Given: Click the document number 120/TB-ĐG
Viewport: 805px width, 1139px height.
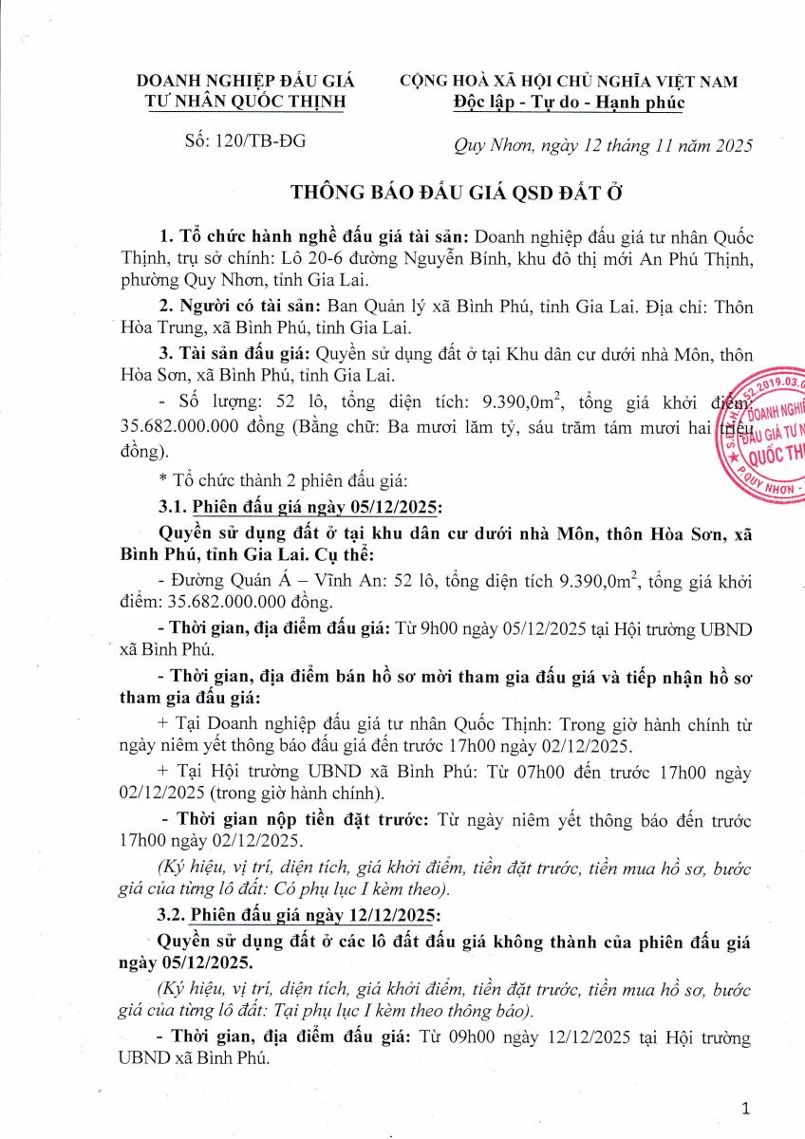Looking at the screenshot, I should coord(246,143).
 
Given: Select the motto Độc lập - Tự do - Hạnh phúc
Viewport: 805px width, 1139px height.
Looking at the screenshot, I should coord(569,103).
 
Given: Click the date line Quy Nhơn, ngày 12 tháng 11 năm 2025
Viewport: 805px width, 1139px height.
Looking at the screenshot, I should coord(600,145).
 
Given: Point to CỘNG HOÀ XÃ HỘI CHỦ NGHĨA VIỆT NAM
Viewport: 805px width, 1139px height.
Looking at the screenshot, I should coord(569,82).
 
